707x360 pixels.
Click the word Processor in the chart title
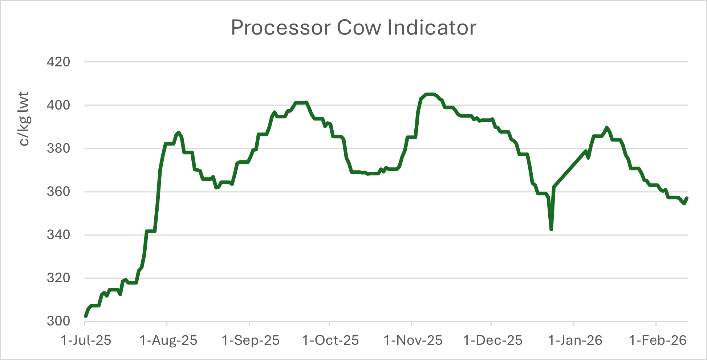point(281,28)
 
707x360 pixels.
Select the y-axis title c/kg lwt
point(24,119)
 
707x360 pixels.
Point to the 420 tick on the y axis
point(58,62)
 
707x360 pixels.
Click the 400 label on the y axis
point(58,105)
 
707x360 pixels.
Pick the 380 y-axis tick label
point(58,148)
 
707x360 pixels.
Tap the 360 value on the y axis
point(58,192)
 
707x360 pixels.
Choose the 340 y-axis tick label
point(58,235)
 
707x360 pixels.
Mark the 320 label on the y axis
point(58,278)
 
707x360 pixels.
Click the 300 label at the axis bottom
point(58,321)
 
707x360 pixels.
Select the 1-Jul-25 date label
point(86,340)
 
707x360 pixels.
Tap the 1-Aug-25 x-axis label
point(168,340)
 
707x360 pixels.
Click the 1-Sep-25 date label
point(251,340)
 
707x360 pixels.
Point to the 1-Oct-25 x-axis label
point(330,340)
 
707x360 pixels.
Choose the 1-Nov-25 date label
point(413,340)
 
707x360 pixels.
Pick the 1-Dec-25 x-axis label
point(493,340)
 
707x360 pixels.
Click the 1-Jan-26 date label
point(575,340)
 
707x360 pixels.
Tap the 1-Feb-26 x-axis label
point(658,340)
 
